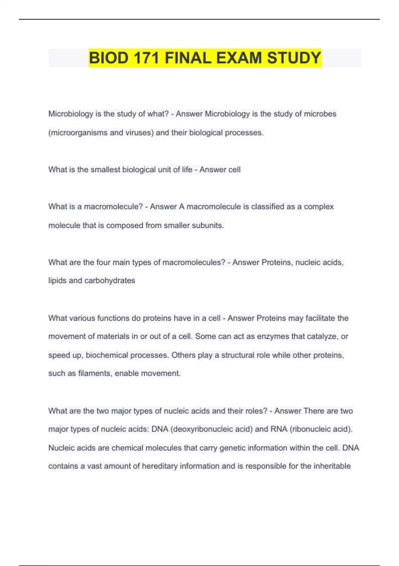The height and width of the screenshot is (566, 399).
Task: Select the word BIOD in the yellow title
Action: tap(108, 58)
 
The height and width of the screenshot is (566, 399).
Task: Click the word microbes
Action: tap(320, 114)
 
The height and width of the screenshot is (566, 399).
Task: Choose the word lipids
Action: tap(57, 281)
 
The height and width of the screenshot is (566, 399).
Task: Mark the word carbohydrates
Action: tap(110, 281)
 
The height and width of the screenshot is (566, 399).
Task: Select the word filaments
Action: tap(95, 373)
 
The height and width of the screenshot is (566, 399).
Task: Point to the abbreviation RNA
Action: tap(279, 429)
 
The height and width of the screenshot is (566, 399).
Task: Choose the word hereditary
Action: tap(160, 466)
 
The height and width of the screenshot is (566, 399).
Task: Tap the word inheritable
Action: tap(332, 466)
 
